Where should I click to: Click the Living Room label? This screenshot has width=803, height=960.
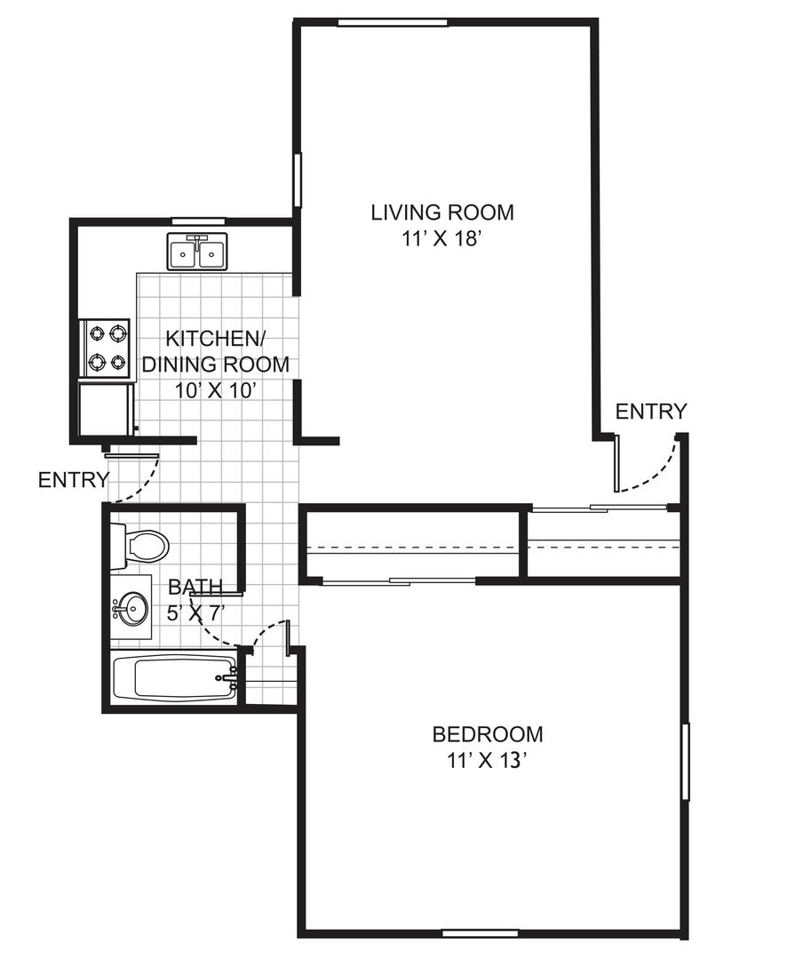point(441,212)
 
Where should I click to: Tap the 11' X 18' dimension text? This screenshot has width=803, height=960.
point(439,238)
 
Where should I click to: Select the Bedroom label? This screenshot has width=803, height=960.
point(487,733)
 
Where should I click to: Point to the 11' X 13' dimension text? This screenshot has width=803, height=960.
point(487,760)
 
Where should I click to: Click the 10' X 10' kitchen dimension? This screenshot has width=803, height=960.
point(214,390)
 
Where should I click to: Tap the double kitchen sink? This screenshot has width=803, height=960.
point(197,252)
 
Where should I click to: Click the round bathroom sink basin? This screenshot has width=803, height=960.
point(133,608)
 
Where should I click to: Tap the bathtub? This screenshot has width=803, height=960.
point(175,680)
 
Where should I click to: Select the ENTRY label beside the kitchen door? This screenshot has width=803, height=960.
point(74,480)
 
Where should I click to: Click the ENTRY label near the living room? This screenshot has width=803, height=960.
point(651,412)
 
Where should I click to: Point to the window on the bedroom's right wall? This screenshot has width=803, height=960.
point(686,761)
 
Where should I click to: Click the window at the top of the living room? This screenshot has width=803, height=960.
point(393,23)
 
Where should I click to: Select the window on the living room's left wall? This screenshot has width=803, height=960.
point(298,180)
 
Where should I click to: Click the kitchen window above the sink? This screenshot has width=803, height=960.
point(200,221)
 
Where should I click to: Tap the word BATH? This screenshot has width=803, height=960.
point(195,587)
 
